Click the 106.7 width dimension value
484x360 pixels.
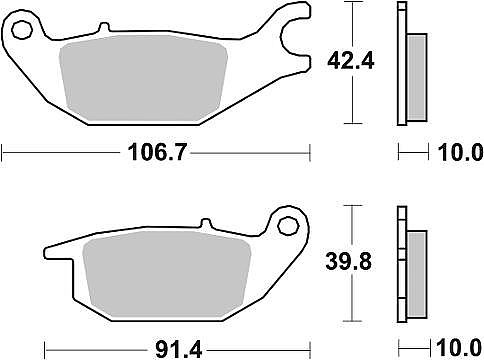pyautogui.click(x=157, y=153)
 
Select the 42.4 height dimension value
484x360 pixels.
pyautogui.click(x=351, y=61)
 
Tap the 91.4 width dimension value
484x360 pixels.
pyautogui.click(x=179, y=350)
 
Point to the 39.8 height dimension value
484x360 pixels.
pyautogui.click(x=349, y=261)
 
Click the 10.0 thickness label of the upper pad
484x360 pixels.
pyautogui.click(x=460, y=153)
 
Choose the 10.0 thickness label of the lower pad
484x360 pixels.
pyautogui.click(x=460, y=349)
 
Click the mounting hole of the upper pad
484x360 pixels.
pyautogui.click(x=22, y=30)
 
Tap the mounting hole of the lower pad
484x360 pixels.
pyautogui.click(x=288, y=226)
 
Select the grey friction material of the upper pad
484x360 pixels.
pyautogui.click(x=143, y=78)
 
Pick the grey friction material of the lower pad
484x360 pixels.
pyautogui.click(x=167, y=274)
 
